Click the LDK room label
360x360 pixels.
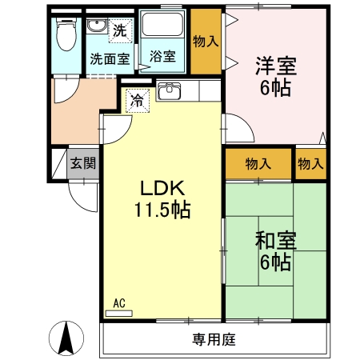tap(163, 189)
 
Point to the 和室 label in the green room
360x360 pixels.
tap(272, 240)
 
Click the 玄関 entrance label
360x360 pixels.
tap(82, 163)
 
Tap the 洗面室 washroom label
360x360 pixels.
tap(110, 58)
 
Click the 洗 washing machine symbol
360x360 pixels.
tap(119, 32)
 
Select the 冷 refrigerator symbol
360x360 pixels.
tap(137, 102)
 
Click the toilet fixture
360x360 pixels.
tap(66, 36)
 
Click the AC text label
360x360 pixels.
tap(119, 303)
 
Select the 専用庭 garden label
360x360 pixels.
tap(214, 339)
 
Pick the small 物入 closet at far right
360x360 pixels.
tap(310, 163)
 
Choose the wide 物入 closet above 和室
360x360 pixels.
tap(258, 163)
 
